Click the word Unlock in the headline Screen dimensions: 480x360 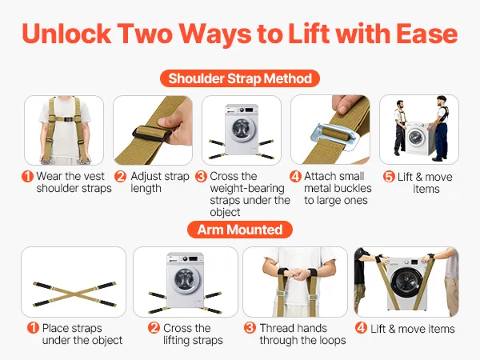[66, 34]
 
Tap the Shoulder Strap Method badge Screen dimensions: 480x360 [240, 78]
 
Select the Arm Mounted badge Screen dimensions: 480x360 [240, 230]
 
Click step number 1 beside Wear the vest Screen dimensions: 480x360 [27, 176]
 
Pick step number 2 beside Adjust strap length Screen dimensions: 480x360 [120, 176]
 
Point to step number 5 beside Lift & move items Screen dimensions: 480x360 [389, 177]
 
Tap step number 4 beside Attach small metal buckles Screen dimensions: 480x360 [295, 176]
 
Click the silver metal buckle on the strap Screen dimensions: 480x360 [334, 136]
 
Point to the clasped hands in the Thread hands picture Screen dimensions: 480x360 [295, 274]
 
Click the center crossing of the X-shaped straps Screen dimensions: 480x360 [74, 294]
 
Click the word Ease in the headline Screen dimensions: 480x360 [426, 34]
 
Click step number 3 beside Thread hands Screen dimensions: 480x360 [250, 328]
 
